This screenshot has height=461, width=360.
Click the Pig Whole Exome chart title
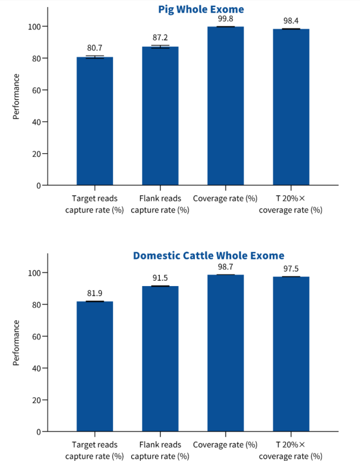pos(201,9)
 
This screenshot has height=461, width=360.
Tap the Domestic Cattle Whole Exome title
pos(208,256)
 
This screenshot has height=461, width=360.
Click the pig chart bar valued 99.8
pos(225,106)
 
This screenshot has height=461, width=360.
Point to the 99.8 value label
pos(225,19)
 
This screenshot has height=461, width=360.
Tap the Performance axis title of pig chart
pos(16,97)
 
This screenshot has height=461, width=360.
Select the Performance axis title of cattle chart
pos(16,343)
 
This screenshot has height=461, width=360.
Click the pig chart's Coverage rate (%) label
pos(225,198)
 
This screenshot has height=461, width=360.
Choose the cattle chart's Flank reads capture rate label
pos(160,450)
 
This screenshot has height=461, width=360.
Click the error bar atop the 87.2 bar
pos(160,46)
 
